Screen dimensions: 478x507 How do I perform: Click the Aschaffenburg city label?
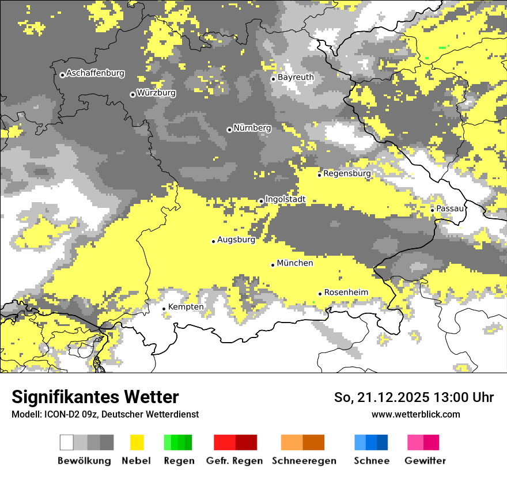coord(95,73)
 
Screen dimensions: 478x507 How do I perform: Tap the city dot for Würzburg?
coord(133,94)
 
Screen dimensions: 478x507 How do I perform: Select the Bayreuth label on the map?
coord(296,77)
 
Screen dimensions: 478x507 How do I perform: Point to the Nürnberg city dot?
coord(229,130)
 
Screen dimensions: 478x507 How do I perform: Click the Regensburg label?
coord(347,173)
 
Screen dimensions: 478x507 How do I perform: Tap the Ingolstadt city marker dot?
coord(261,201)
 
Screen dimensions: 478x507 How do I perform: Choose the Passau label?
coord(450,208)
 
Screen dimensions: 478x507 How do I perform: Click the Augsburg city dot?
coord(213,241)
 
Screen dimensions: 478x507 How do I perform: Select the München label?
coord(295,263)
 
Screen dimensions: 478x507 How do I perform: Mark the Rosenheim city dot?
coord(320,294)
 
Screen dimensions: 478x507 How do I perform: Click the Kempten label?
coord(186,307)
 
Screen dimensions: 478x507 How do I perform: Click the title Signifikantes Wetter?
coord(95,397)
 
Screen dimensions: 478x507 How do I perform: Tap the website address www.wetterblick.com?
coord(415,414)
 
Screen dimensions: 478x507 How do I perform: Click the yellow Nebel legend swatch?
coord(137,442)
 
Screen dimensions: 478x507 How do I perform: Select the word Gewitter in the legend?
coord(425,461)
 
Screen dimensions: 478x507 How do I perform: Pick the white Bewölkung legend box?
coord(67,442)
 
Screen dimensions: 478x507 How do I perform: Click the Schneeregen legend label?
coord(304,461)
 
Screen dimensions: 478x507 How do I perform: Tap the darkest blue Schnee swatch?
coord(383,442)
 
